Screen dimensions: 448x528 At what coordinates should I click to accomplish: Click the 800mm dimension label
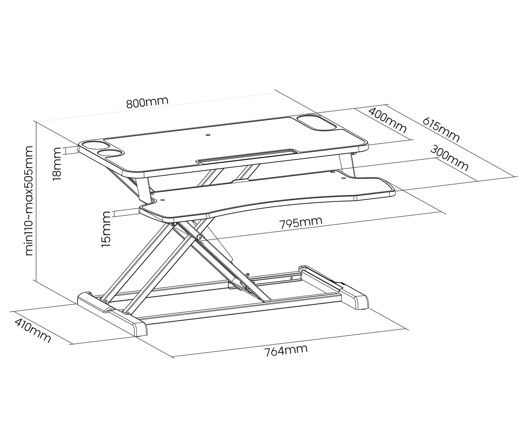click(x=147, y=102)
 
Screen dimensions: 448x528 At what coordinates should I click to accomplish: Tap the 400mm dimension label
click(x=387, y=120)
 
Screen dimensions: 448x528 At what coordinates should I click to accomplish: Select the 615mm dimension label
click(x=441, y=130)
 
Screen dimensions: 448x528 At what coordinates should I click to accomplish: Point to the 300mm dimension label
click(x=449, y=158)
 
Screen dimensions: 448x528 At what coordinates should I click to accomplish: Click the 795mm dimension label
click(x=301, y=223)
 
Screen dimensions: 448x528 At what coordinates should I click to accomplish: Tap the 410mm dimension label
click(x=33, y=330)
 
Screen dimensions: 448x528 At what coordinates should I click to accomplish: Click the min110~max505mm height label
click(x=29, y=201)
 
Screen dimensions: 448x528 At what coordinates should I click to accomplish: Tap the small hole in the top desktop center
click(x=208, y=135)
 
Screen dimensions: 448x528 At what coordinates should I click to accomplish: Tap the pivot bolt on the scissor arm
click(x=199, y=237)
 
